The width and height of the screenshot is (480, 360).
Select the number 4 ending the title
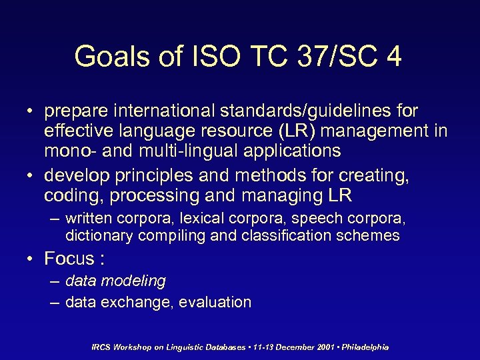pyautogui.click(x=393, y=57)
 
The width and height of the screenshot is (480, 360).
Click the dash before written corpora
pyautogui.click(x=53, y=218)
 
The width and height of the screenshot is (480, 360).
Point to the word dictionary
pyautogui.click(x=98, y=235)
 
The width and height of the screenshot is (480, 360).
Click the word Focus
pyautogui.click(x=69, y=258)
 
